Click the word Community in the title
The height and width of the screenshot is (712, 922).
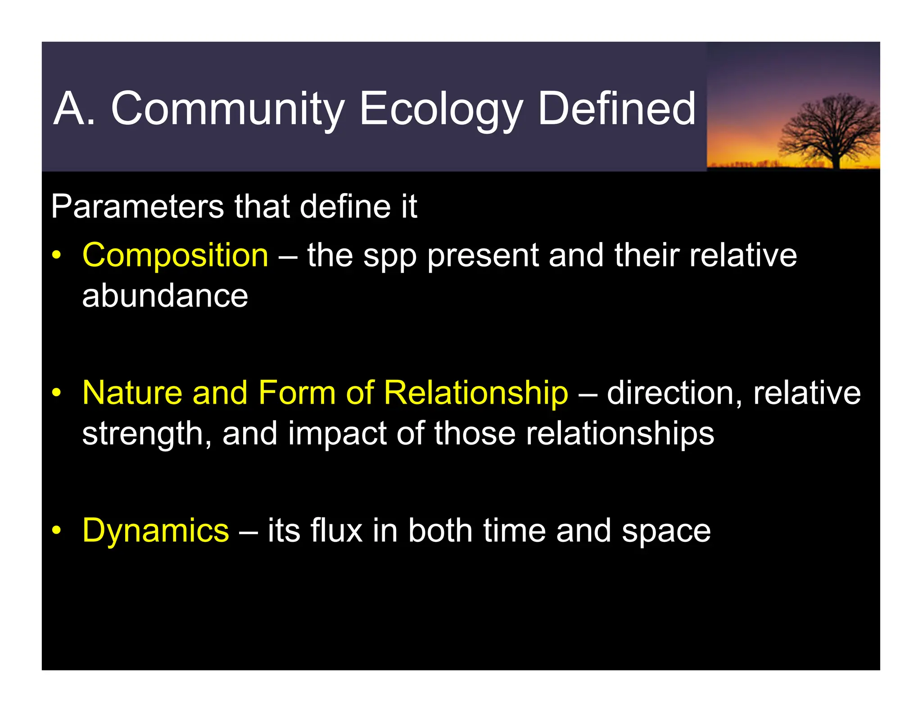tap(227, 109)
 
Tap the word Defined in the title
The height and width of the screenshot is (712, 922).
tap(616, 109)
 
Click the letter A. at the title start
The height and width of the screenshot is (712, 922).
tap(74, 109)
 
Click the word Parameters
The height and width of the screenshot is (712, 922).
tap(137, 207)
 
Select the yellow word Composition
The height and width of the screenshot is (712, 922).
tap(175, 255)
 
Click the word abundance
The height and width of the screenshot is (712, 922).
tap(165, 296)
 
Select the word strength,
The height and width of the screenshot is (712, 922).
tap(147, 434)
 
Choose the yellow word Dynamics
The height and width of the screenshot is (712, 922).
tap(156, 531)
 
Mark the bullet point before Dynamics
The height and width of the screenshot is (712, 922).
tap(56, 531)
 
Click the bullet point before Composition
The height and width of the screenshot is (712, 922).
tap(56, 256)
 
